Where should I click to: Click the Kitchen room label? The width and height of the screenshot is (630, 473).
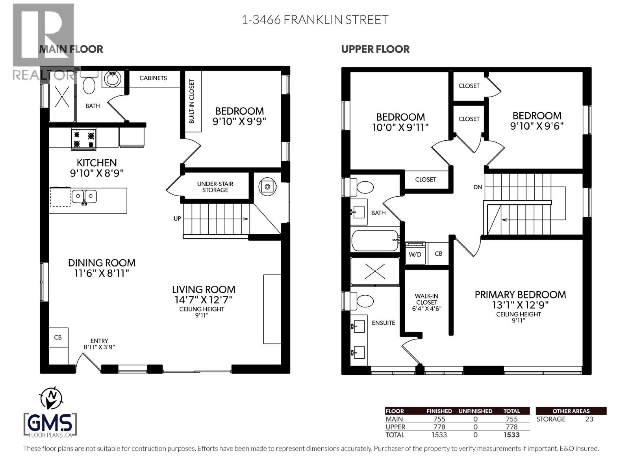click(x=96, y=163)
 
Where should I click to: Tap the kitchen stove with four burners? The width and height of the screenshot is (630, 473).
click(x=84, y=139)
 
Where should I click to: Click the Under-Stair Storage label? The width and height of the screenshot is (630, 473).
click(x=215, y=187)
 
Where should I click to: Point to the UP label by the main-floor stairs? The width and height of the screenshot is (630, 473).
click(x=177, y=218)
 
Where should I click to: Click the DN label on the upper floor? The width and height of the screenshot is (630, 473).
click(x=478, y=187)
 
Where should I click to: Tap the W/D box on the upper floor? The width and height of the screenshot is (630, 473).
click(x=415, y=254)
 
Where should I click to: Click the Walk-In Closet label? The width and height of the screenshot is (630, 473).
click(x=426, y=302)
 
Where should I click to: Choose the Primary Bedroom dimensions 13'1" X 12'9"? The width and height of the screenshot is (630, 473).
click(x=520, y=305)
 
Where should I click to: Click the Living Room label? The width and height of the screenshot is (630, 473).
click(x=204, y=289)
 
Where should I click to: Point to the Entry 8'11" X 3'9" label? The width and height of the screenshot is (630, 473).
click(x=99, y=344)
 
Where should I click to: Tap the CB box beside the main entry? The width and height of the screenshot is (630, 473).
click(x=58, y=338)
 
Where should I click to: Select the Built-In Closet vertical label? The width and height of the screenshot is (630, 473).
click(x=192, y=101)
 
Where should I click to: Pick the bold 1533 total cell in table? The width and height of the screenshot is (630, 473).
click(x=511, y=435)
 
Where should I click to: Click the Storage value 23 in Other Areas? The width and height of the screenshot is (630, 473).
click(x=589, y=419)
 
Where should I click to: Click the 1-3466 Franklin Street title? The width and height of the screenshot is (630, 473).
click(x=315, y=20)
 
